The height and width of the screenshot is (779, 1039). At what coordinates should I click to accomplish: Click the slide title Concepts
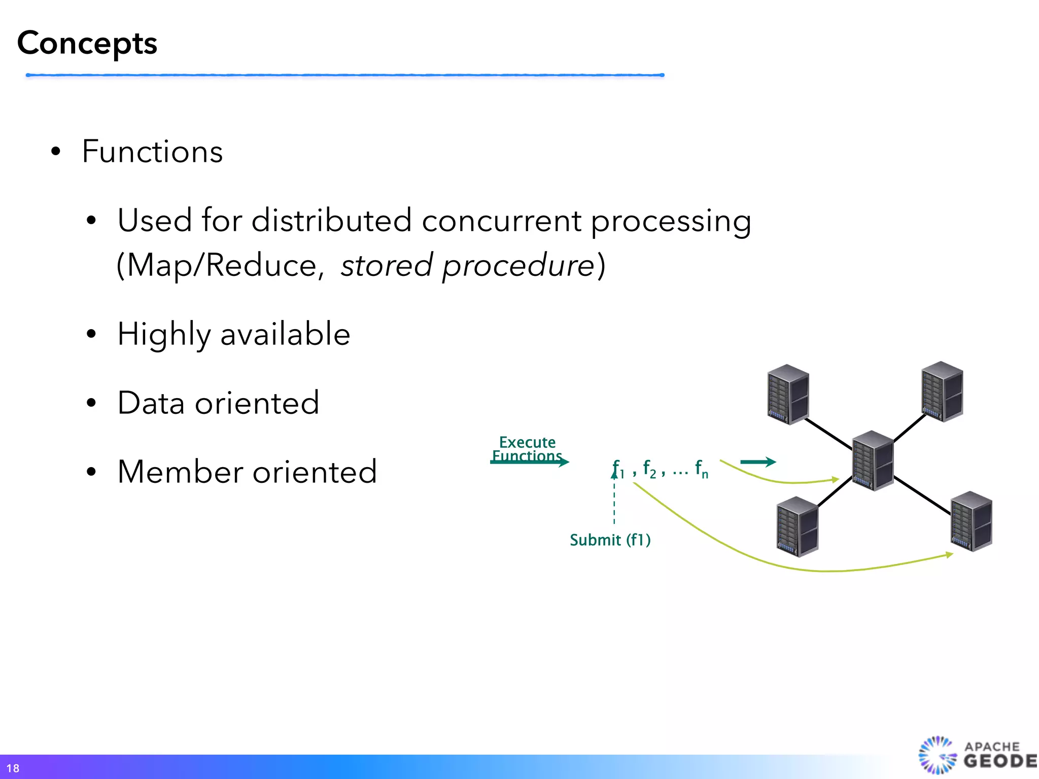[87, 44]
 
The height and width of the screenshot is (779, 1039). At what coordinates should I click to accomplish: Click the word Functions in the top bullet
[152, 152]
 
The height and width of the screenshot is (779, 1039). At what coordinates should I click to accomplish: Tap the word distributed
[331, 221]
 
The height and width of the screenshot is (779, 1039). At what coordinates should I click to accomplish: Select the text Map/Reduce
[222, 265]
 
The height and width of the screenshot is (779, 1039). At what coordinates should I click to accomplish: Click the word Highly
[164, 335]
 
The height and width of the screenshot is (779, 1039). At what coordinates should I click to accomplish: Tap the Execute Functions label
[527, 449]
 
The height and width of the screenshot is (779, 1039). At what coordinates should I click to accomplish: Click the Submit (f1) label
[610, 540]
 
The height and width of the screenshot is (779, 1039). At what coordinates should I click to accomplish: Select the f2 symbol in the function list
[649, 469]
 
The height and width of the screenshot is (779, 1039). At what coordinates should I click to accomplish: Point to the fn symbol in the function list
[702, 469]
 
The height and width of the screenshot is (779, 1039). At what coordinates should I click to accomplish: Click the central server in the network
[873, 461]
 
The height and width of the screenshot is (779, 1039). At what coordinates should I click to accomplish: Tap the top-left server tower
[788, 395]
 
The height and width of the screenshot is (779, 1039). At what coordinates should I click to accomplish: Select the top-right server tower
[942, 392]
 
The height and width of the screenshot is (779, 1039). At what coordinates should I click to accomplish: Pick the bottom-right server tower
[971, 521]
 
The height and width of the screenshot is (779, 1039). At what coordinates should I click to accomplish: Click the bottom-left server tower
[797, 526]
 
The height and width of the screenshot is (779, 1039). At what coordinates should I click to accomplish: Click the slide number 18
[13, 768]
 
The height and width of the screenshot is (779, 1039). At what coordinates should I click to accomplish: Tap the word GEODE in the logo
[999, 761]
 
